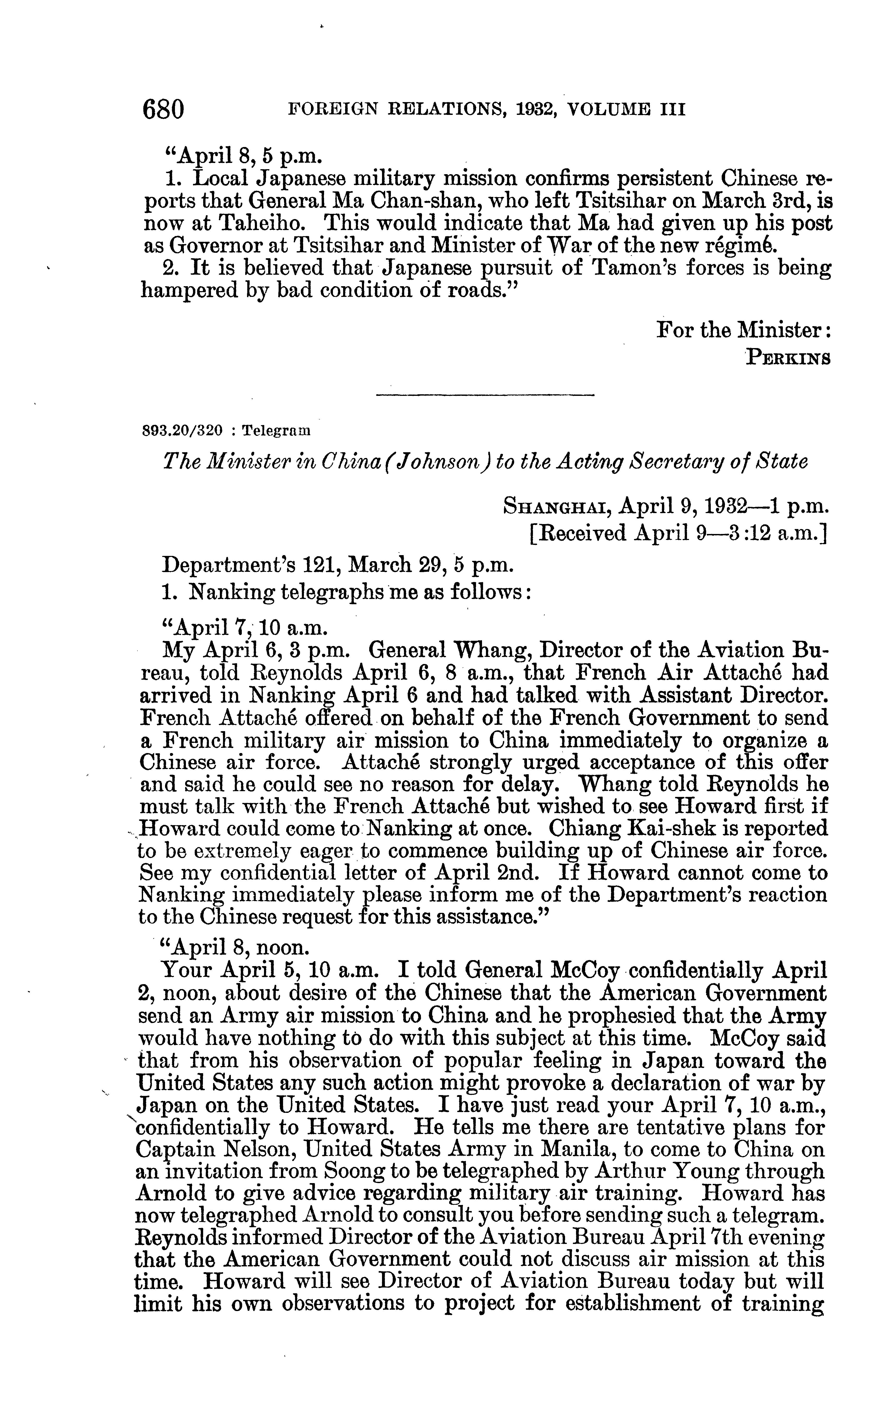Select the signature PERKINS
tap(788, 358)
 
